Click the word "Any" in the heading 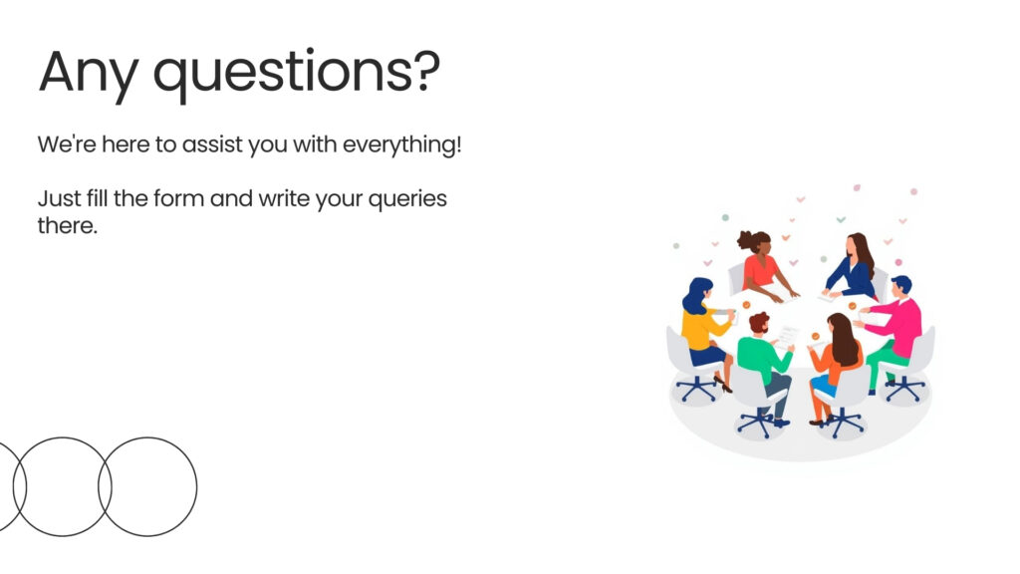(x=89, y=73)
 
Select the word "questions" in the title (x=282, y=74)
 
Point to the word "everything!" (x=402, y=145)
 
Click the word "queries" (x=407, y=199)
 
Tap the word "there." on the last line (x=68, y=226)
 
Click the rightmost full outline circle (x=147, y=437)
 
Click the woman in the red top (x=764, y=267)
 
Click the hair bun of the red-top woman (x=743, y=241)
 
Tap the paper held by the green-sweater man (x=787, y=337)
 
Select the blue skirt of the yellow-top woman (x=708, y=356)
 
